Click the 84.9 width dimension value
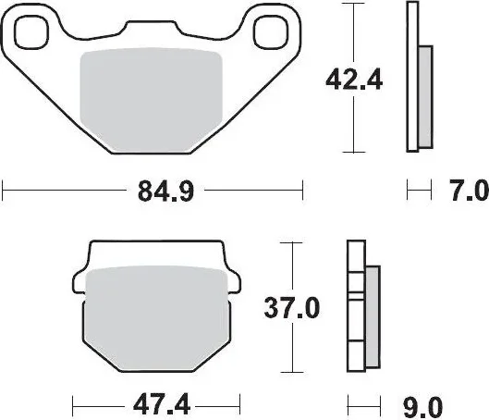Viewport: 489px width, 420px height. tap(153, 192)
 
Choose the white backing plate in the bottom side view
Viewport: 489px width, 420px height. tap(355, 305)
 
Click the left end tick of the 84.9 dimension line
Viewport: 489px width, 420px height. tap(4, 192)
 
